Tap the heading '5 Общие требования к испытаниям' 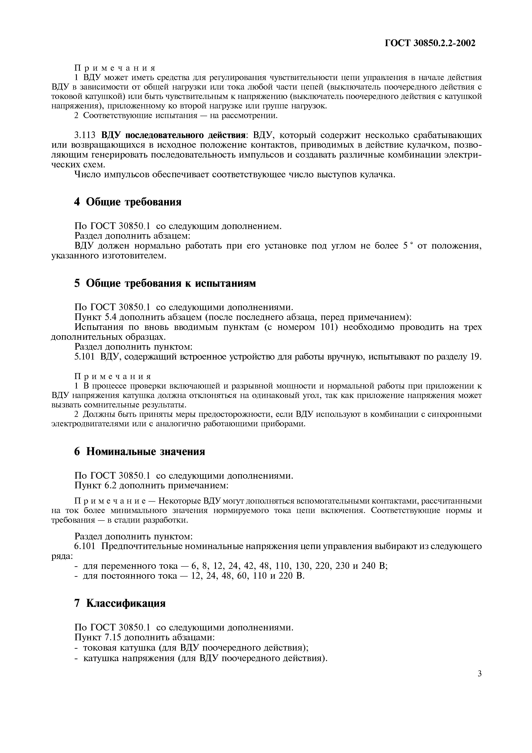(x=165, y=283)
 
